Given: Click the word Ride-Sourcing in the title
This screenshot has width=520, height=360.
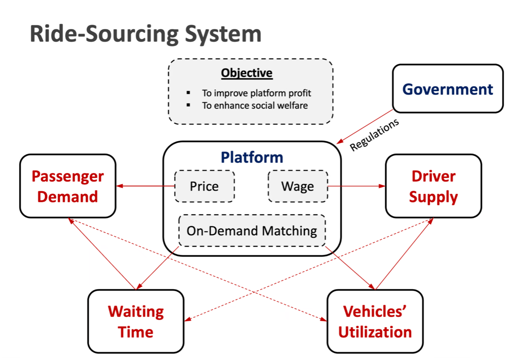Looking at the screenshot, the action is point(104,34).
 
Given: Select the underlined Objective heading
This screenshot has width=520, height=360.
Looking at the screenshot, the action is point(247,73).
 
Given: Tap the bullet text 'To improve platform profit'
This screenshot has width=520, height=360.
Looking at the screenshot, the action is point(256,93).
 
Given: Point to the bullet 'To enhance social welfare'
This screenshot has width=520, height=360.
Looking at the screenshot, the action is point(255,105).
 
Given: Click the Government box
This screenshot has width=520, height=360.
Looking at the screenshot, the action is point(448,89).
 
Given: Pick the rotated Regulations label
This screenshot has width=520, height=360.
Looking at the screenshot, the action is point(374,135).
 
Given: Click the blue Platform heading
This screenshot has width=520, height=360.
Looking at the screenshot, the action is point(252,157).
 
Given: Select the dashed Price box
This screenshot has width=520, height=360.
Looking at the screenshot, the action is point(205,186).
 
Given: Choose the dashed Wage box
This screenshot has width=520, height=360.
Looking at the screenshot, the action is point(298,186).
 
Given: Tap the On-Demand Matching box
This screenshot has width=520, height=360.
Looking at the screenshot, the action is point(252,230).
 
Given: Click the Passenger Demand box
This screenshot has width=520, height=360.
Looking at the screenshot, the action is point(68,186).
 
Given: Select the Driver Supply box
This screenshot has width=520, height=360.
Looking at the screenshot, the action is point(433,186).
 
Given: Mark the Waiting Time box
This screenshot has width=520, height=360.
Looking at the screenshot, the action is point(136,321).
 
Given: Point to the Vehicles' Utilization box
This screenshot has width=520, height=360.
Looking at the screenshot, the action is point(375,321).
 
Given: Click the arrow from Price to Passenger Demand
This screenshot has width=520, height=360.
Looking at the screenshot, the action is point(145,186).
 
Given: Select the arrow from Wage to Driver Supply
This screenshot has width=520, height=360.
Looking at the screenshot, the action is point(357,186).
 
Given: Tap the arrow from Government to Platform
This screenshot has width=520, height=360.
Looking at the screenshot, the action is point(364,127).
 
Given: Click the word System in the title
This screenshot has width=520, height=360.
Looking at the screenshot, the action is point(223,34).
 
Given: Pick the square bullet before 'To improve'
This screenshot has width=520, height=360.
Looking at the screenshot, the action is point(188,93).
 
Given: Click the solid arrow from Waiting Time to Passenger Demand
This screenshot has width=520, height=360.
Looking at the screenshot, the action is point(102,254).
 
